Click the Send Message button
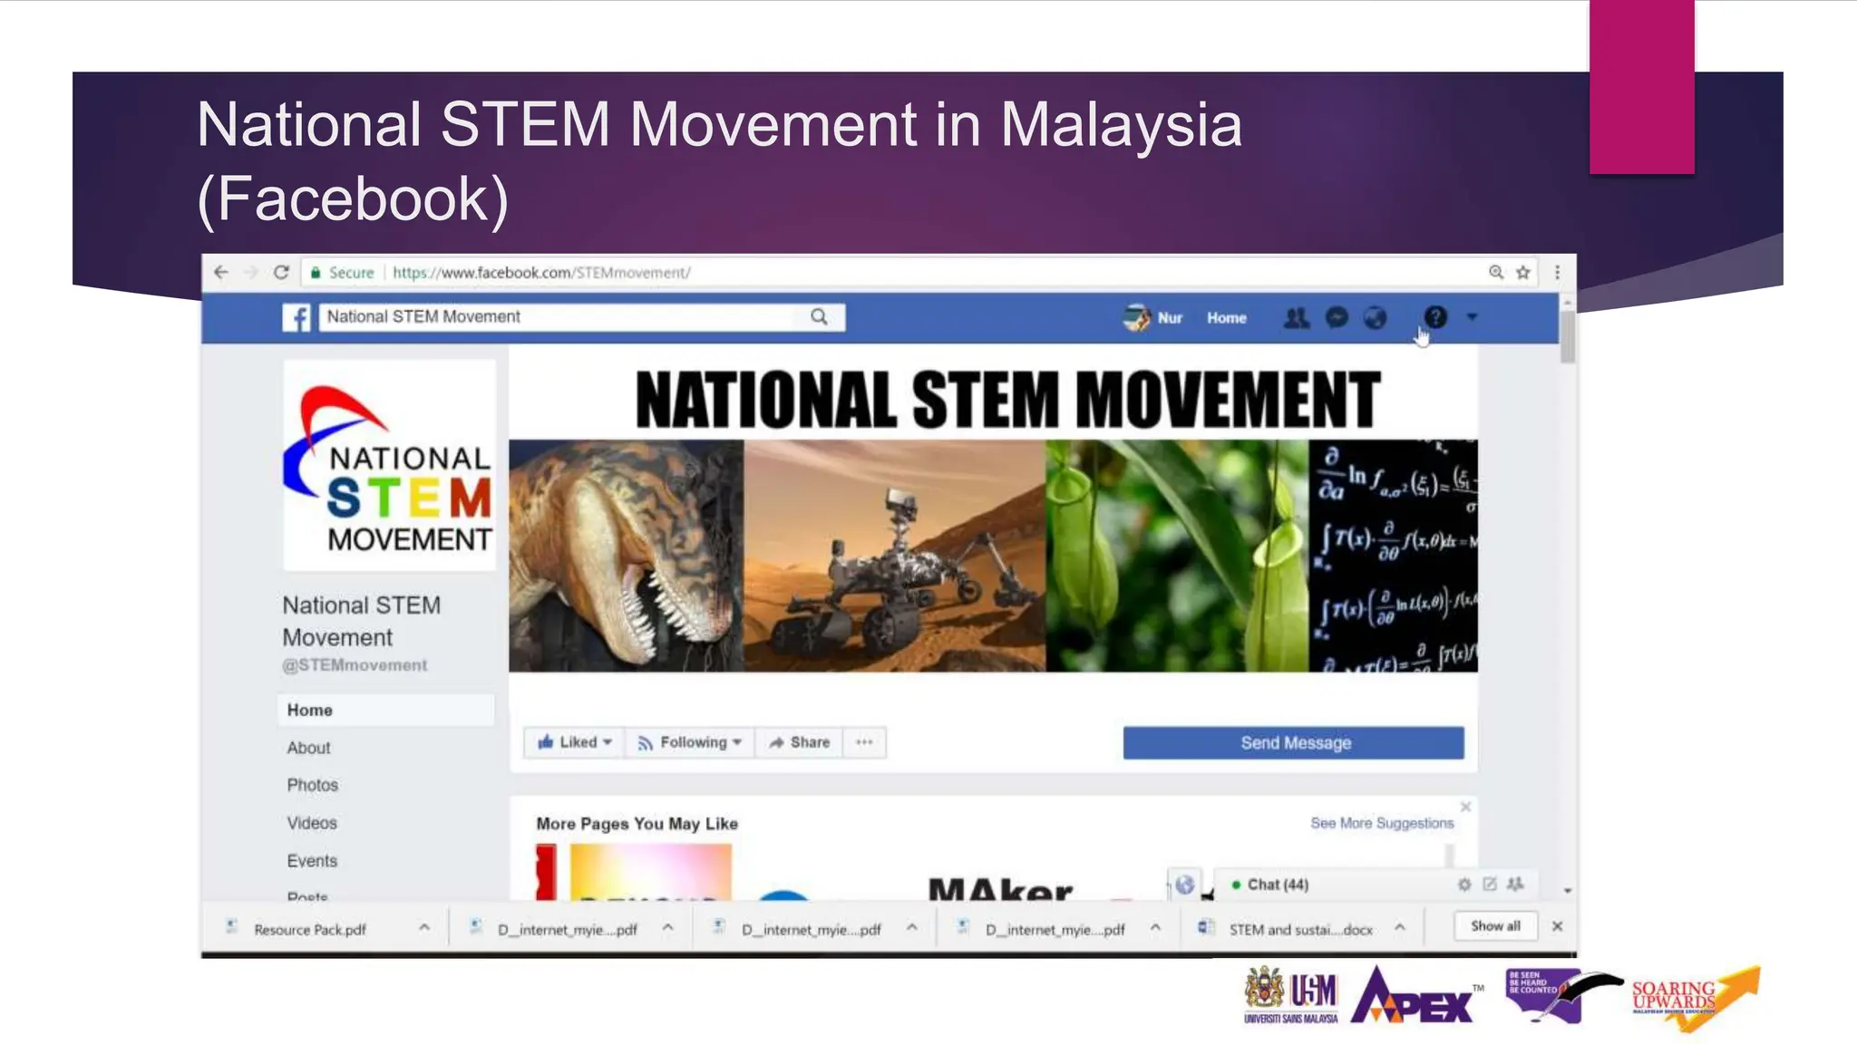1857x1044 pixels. [1293, 743]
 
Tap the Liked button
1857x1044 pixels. [575, 742]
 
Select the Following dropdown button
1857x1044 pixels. [690, 742]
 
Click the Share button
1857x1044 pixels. [799, 742]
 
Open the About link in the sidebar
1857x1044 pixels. [308, 748]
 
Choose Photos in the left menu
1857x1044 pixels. [312, 785]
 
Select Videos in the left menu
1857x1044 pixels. [312, 823]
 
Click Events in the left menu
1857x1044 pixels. [312, 861]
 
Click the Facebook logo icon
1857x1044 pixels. [297, 317]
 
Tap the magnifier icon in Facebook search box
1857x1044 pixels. [819, 316]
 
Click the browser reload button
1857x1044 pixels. [281, 272]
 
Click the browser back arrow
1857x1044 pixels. [220, 272]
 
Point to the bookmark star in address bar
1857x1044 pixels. [1523, 272]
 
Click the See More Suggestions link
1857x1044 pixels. [1381, 823]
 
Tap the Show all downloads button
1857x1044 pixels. [1495, 925]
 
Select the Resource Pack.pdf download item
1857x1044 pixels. [309, 929]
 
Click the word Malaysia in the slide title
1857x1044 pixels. [1121, 124]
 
